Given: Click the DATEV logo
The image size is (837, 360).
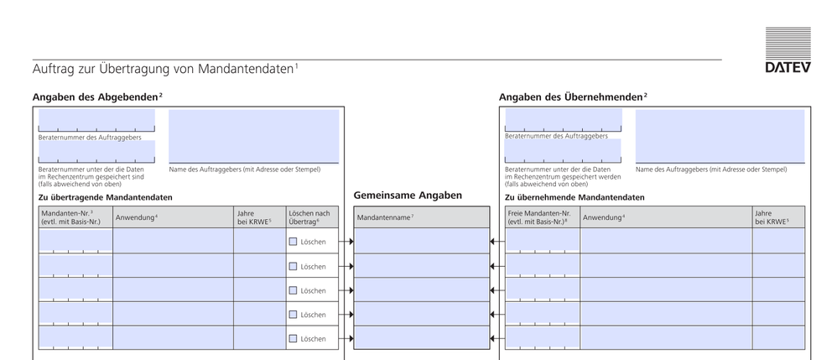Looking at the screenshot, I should (x=788, y=50).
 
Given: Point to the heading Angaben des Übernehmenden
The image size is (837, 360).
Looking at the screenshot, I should (x=572, y=97).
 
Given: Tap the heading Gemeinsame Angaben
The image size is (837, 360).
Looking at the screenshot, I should (x=408, y=196).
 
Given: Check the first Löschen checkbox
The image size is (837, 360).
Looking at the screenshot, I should (x=294, y=242).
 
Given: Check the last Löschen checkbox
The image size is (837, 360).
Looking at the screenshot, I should (x=294, y=338).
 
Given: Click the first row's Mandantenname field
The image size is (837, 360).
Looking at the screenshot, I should (x=421, y=241).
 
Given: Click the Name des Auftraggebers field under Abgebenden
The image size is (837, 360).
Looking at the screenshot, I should (x=254, y=136).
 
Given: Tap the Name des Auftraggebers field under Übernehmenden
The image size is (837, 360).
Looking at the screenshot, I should (x=720, y=136).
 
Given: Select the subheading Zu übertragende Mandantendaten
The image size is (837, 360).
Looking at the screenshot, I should (x=105, y=197).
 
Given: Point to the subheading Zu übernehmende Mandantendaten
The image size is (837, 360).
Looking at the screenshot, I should (x=574, y=197).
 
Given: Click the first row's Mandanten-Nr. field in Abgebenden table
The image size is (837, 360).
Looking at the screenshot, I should (x=75, y=241).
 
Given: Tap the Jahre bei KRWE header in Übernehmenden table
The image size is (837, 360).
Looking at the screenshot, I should (x=777, y=217).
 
